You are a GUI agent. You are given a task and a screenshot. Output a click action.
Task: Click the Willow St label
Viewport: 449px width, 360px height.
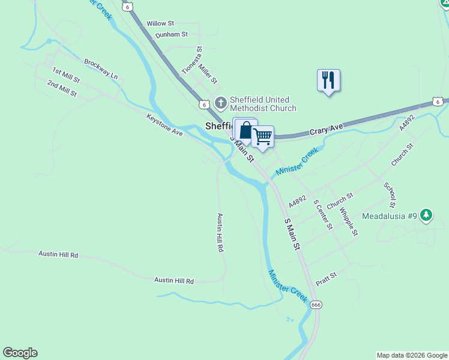[x=160, y=23]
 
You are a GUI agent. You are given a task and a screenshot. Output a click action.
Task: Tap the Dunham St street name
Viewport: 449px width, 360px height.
[x=172, y=35]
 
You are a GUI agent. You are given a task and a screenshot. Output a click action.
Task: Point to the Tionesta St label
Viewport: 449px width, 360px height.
[x=193, y=61]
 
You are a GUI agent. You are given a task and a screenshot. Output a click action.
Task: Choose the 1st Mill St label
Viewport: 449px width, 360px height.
[x=66, y=76]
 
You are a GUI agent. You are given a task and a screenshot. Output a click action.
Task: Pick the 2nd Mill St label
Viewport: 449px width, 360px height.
[x=62, y=88]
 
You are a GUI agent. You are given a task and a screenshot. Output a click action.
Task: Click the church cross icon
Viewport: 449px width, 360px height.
[x=221, y=103]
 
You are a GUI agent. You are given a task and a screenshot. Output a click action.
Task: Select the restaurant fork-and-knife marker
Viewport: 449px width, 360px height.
[x=328, y=80]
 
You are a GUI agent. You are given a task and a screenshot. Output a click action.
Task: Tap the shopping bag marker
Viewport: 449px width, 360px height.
[x=246, y=130]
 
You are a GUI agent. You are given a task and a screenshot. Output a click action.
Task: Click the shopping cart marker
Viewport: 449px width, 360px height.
[x=262, y=137]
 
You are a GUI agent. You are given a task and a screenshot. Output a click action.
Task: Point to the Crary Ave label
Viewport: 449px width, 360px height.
[x=326, y=128]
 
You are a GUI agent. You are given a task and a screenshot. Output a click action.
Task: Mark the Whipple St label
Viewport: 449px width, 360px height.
[x=348, y=221]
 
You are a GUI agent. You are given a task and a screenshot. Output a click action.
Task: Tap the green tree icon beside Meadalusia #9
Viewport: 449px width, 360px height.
[x=426, y=214]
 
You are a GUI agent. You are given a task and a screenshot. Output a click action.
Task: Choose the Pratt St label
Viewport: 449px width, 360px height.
[x=327, y=279]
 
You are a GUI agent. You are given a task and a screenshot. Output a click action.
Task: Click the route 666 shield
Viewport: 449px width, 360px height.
[x=316, y=305]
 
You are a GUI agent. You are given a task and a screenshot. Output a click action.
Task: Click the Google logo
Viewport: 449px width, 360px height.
[x=20, y=353]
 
